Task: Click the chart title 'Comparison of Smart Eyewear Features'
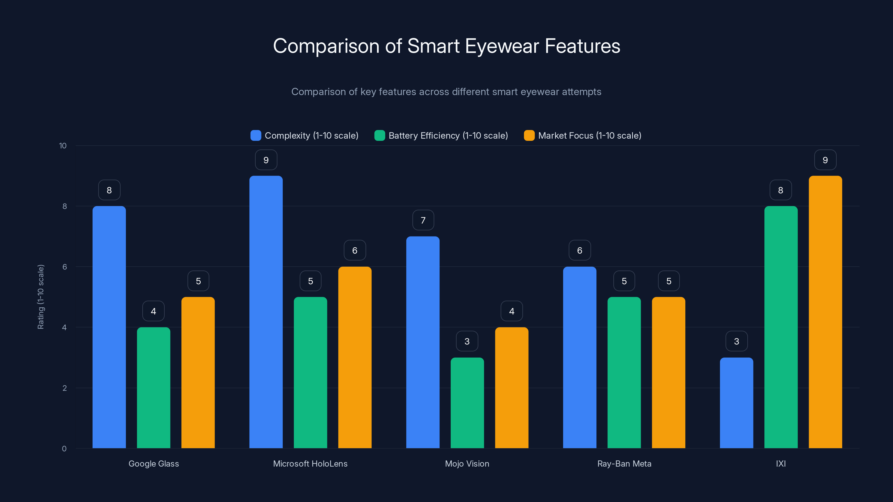tap(446, 46)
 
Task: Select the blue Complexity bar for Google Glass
tap(109, 327)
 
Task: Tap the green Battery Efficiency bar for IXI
tap(781, 327)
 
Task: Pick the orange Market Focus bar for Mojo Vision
tap(512, 388)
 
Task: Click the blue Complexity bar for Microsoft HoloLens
tap(266, 312)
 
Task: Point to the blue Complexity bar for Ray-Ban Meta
tap(580, 357)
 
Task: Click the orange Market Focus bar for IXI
tap(825, 312)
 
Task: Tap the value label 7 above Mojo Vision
tap(423, 220)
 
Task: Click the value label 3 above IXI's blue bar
tap(736, 342)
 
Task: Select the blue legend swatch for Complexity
tap(256, 136)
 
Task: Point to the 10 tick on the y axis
tap(63, 146)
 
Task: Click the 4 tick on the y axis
tap(64, 327)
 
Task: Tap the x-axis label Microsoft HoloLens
tap(310, 464)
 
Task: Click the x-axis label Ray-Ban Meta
tap(624, 464)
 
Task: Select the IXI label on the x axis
tap(781, 464)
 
